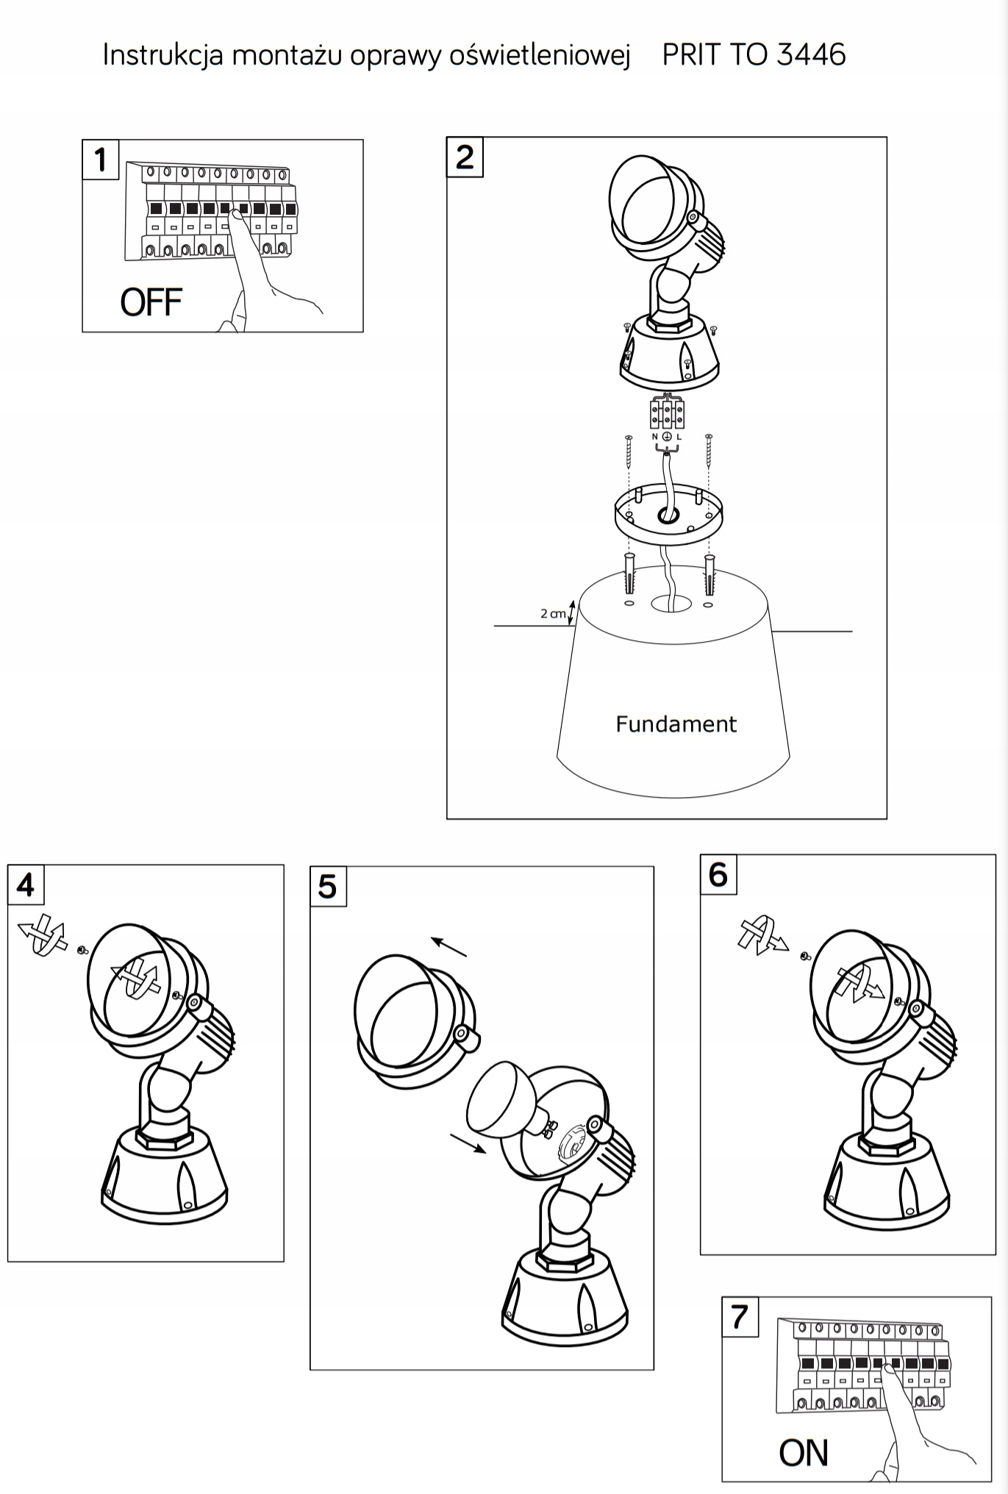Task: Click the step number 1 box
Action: [101, 160]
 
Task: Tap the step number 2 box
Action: [465, 157]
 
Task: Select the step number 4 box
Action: [26, 884]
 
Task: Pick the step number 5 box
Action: [328, 887]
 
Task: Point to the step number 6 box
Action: [718, 875]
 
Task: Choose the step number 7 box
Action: [740, 1316]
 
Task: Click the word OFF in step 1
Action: [151, 302]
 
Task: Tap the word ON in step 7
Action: [804, 1453]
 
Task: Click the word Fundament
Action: [676, 724]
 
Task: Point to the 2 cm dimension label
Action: [553, 613]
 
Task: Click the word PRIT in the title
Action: [690, 54]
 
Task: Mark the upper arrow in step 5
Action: [449, 947]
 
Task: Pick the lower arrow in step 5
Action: [468, 1143]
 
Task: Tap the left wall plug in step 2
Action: [628, 576]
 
